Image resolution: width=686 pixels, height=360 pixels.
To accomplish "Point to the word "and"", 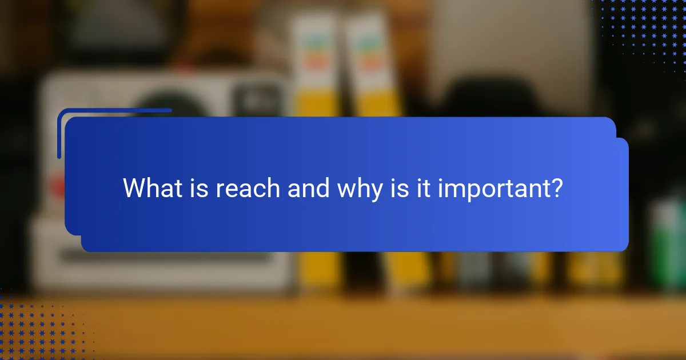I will click(308, 188).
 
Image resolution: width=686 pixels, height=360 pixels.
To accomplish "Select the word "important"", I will click(490, 189).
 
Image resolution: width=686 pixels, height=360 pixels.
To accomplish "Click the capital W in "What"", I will click(135, 188).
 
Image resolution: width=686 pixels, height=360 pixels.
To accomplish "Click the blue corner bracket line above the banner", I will click(114, 110).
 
